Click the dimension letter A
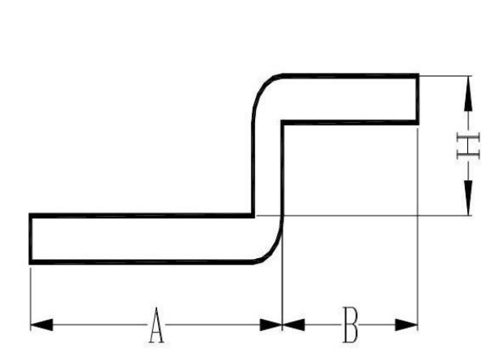pos(156,325)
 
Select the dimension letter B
pos(351,325)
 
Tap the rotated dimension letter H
pos(468,146)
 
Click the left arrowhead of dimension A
pos(41,325)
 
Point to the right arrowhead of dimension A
pos(271,325)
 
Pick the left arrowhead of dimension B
pos(293,325)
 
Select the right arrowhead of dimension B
pos(406,325)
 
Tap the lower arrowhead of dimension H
pos(468,197)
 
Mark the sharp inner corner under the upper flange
pos(283,122)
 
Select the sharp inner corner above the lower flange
pos(253,215)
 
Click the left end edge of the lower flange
pos(31,239)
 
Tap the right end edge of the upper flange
pos(418,99)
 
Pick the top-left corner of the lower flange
pos(31,215)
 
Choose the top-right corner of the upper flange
pos(418,75)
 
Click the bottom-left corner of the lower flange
pos(31,262)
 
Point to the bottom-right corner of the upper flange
pos(418,123)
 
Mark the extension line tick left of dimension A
pos(31,299)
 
